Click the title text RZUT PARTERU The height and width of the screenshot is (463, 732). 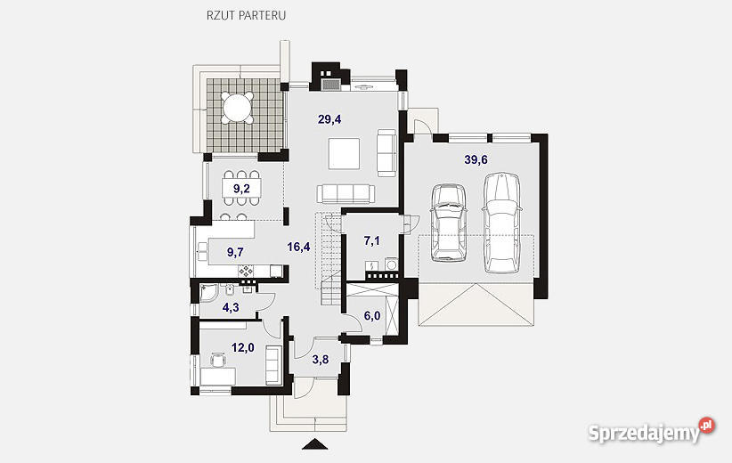tap(246, 15)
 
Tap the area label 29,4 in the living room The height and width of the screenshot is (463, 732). tap(329, 119)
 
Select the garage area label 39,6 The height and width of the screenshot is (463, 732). tap(476, 160)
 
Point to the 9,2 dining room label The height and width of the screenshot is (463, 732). tap(241, 189)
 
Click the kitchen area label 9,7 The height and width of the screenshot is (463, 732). tap(235, 253)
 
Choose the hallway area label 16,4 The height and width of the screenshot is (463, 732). tap(299, 247)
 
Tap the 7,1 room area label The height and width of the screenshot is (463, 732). tap(371, 241)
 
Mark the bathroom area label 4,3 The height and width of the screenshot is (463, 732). tap(231, 307)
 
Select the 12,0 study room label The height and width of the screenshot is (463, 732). tap(243, 348)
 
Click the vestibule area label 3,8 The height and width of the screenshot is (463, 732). tap(321, 360)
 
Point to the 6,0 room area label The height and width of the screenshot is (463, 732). tap(372, 316)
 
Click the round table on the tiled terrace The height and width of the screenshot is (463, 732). tap(238, 108)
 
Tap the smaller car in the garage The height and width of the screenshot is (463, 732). tap(449, 222)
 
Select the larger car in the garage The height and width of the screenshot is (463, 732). tap(501, 223)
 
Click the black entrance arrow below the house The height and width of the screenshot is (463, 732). tap(316, 444)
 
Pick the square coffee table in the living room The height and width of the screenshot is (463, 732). tap(344, 153)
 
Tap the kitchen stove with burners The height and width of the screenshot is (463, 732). tap(246, 271)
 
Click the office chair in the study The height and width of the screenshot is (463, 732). tap(218, 360)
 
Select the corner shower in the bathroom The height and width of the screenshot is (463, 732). tap(208, 293)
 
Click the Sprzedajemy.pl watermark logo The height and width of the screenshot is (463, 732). tap(651, 430)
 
